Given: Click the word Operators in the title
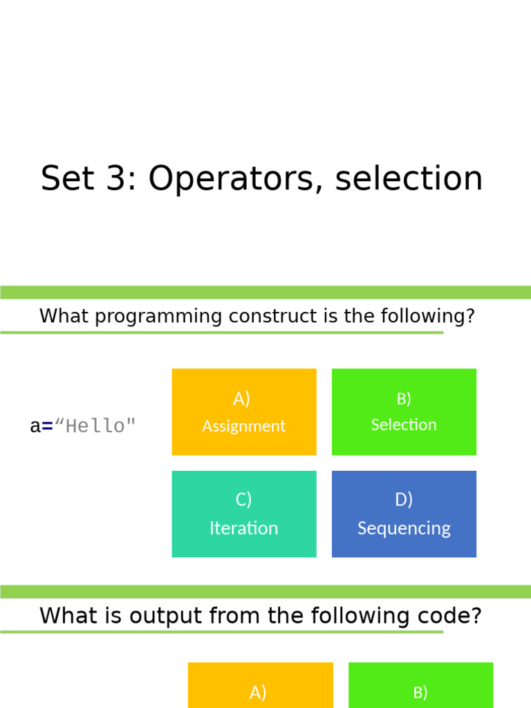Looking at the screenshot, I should click(234, 179).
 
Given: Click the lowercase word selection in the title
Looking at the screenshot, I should click(409, 179).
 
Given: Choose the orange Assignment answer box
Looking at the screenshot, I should click(243, 412).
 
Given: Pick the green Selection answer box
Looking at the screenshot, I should click(404, 412).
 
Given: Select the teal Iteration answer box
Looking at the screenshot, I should click(243, 514).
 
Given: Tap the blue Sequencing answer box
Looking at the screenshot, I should click(404, 514).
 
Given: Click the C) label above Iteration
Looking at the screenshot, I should click(243, 499).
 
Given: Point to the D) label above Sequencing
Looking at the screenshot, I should click(404, 499).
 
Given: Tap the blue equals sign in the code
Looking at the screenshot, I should click(47, 427).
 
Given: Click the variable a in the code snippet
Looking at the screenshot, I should click(35, 427).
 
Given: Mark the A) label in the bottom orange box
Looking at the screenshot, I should click(258, 692).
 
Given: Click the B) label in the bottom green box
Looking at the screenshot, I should click(420, 692).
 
